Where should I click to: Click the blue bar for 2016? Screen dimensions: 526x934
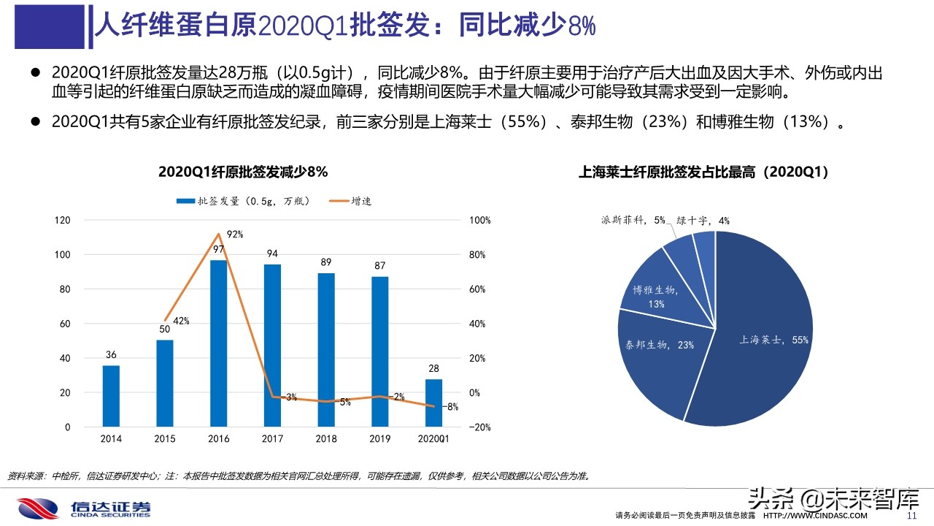click(x=218, y=343)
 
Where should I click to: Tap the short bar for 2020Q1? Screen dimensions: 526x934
click(x=433, y=403)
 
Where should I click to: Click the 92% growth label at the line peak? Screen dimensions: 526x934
click(x=234, y=235)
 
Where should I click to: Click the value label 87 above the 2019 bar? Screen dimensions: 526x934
click(x=379, y=266)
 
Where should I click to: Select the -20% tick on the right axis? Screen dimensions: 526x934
click(x=479, y=427)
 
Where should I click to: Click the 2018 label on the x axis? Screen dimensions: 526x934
click(x=325, y=439)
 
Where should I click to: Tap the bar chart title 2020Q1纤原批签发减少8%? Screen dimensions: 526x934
click(x=243, y=172)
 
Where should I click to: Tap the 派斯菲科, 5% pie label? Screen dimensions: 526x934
click(x=633, y=220)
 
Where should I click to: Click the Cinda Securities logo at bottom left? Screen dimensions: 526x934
click(x=84, y=508)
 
